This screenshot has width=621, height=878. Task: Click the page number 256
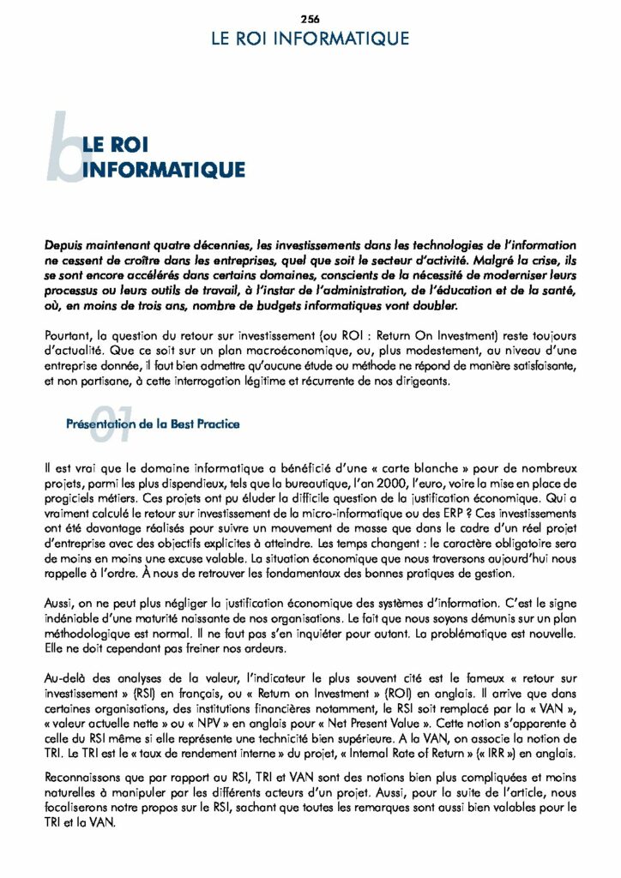pyautogui.click(x=310, y=19)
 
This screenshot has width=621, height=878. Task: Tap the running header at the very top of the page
pyautogui.click(x=310, y=39)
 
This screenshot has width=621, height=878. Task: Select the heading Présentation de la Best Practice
pyautogui.click(x=153, y=424)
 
